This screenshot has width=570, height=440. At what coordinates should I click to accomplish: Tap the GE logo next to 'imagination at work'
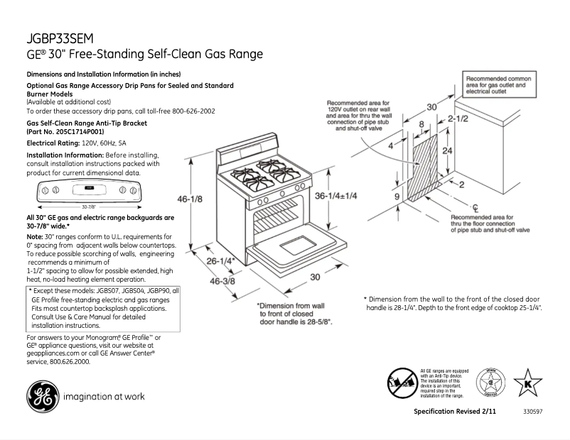[x=41, y=397]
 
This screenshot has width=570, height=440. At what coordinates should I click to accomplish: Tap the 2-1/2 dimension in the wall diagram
[x=457, y=120]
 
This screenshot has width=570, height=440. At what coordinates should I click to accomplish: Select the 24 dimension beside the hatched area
[x=446, y=151]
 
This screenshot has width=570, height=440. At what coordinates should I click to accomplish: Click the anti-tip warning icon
[x=402, y=385]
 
